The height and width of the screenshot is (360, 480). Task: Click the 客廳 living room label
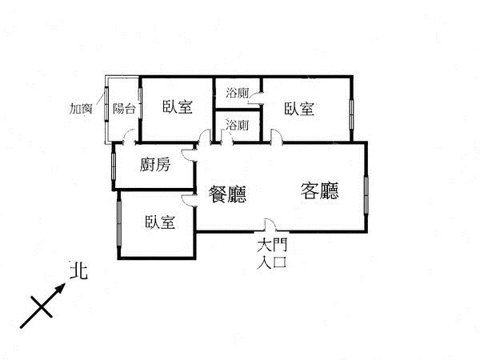click(x=319, y=190)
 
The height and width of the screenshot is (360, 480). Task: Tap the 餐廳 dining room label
click(x=227, y=194)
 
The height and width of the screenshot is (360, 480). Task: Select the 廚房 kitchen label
click(x=155, y=165)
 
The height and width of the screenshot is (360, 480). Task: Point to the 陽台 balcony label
click(x=124, y=108)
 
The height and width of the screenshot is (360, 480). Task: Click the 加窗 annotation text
click(x=81, y=108)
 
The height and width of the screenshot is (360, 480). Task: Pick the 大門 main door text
click(x=272, y=246)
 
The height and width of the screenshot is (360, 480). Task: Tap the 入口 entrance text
click(x=272, y=262)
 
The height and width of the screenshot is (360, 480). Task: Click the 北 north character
click(x=78, y=270)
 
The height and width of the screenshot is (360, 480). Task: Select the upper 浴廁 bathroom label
click(x=238, y=93)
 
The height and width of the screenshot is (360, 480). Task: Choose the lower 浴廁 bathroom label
click(x=238, y=125)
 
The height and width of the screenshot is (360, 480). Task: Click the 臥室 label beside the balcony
click(x=178, y=107)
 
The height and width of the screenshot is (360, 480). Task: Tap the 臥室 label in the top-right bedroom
click(x=299, y=108)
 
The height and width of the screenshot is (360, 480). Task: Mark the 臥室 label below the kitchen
click(x=160, y=222)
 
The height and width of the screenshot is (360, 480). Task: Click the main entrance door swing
click(x=270, y=224)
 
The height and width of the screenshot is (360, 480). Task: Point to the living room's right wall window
click(x=366, y=195)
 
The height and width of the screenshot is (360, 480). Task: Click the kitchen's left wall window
click(x=114, y=166)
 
